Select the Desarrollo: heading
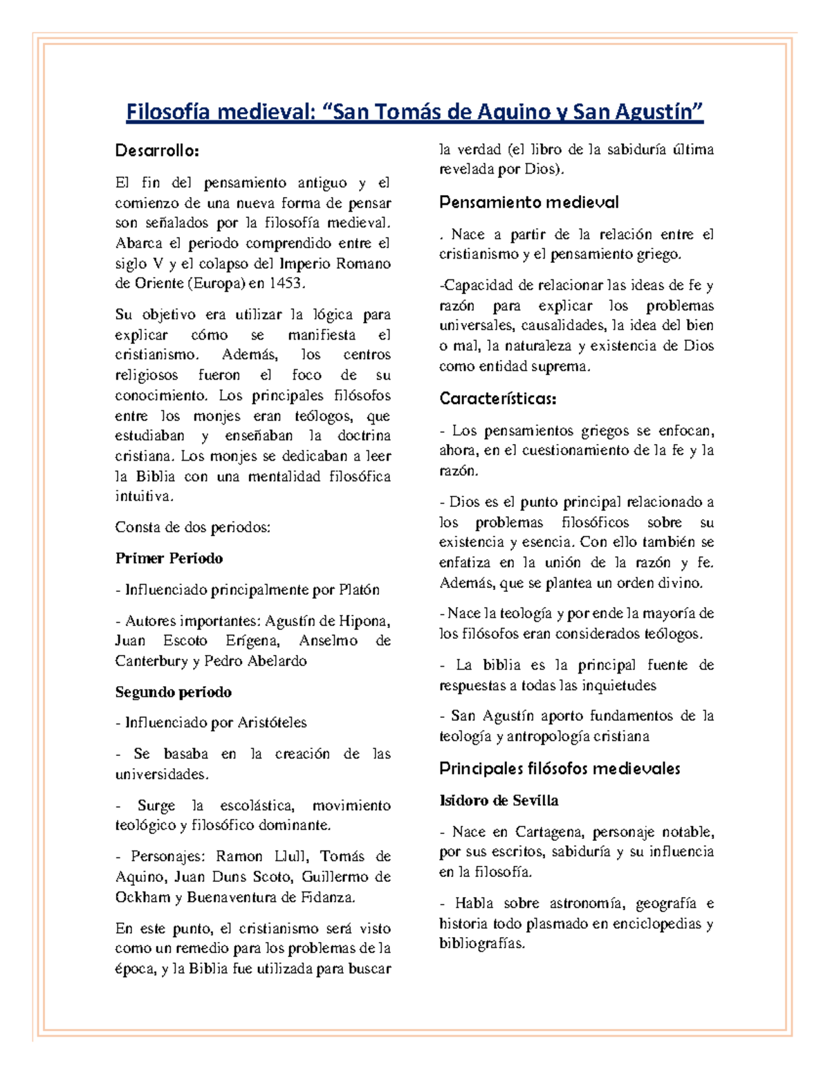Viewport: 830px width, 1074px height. tap(157, 151)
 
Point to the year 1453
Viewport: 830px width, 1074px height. tap(285, 284)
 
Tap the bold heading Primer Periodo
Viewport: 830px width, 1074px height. tap(169, 558)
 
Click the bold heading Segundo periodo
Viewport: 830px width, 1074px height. tap(173, 692)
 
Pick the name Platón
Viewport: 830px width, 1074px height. tap(360, 590)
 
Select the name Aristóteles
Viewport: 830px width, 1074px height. tap(272, 723)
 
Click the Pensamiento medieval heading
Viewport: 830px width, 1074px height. tap(529, 203)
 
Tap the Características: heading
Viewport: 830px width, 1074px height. tap(498, 399)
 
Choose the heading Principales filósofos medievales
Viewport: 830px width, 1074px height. tap(560, 768)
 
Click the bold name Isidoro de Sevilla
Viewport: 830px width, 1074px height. tap(499, 801)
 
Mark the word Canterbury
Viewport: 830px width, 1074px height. tap(151, 661)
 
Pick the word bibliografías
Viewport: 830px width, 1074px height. tap(482, 944)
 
